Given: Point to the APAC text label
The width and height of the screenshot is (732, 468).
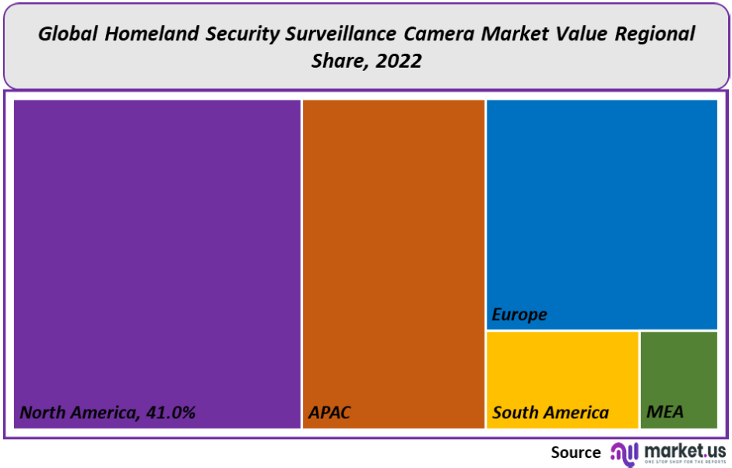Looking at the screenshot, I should [329, 413].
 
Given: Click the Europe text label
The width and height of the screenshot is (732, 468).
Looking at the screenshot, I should [519, 315].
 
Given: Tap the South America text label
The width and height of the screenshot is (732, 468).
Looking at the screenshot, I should [551, 413].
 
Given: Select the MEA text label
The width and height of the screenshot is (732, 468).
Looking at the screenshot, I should [665, 413].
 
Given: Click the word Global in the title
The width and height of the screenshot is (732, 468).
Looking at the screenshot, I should [69, 34].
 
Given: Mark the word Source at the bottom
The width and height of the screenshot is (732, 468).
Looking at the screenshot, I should [575, 452].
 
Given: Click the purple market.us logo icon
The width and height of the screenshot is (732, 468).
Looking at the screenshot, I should [624, 452].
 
